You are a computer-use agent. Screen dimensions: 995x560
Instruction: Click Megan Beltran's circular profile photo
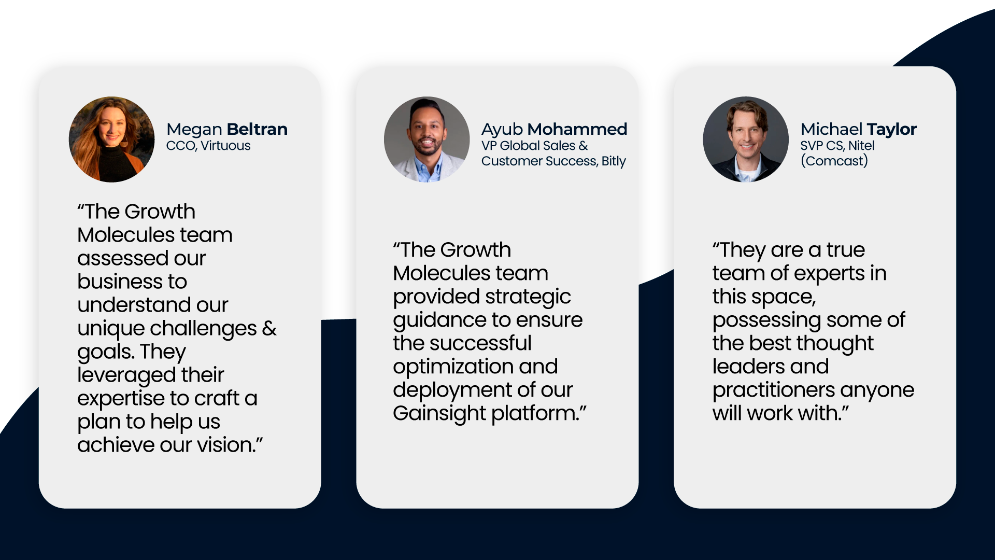[x=111, y=139]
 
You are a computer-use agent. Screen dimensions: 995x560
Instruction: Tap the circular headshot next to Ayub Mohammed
[x=427, y=139]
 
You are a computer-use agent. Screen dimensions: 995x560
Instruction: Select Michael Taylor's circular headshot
[x=746, y=139]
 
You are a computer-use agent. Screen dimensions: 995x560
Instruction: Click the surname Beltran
[x=257, y=129]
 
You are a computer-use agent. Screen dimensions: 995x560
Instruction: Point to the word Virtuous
[x=225, y=146]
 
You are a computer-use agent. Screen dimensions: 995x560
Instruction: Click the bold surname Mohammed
[x=577, y=129]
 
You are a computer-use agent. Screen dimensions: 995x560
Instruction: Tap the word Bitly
[x=614, y=161]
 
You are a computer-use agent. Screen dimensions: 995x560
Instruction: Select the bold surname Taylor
[x=891, y=130]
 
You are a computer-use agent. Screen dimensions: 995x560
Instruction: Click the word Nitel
[x=861, y=146]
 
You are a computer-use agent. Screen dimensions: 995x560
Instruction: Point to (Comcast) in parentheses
[x=834, y=161]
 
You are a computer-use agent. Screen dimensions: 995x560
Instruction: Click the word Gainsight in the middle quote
[x=439, y=414]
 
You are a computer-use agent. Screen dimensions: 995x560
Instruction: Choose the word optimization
[x=453, y=367]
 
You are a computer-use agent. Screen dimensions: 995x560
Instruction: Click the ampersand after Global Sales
[x=584, y=146]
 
